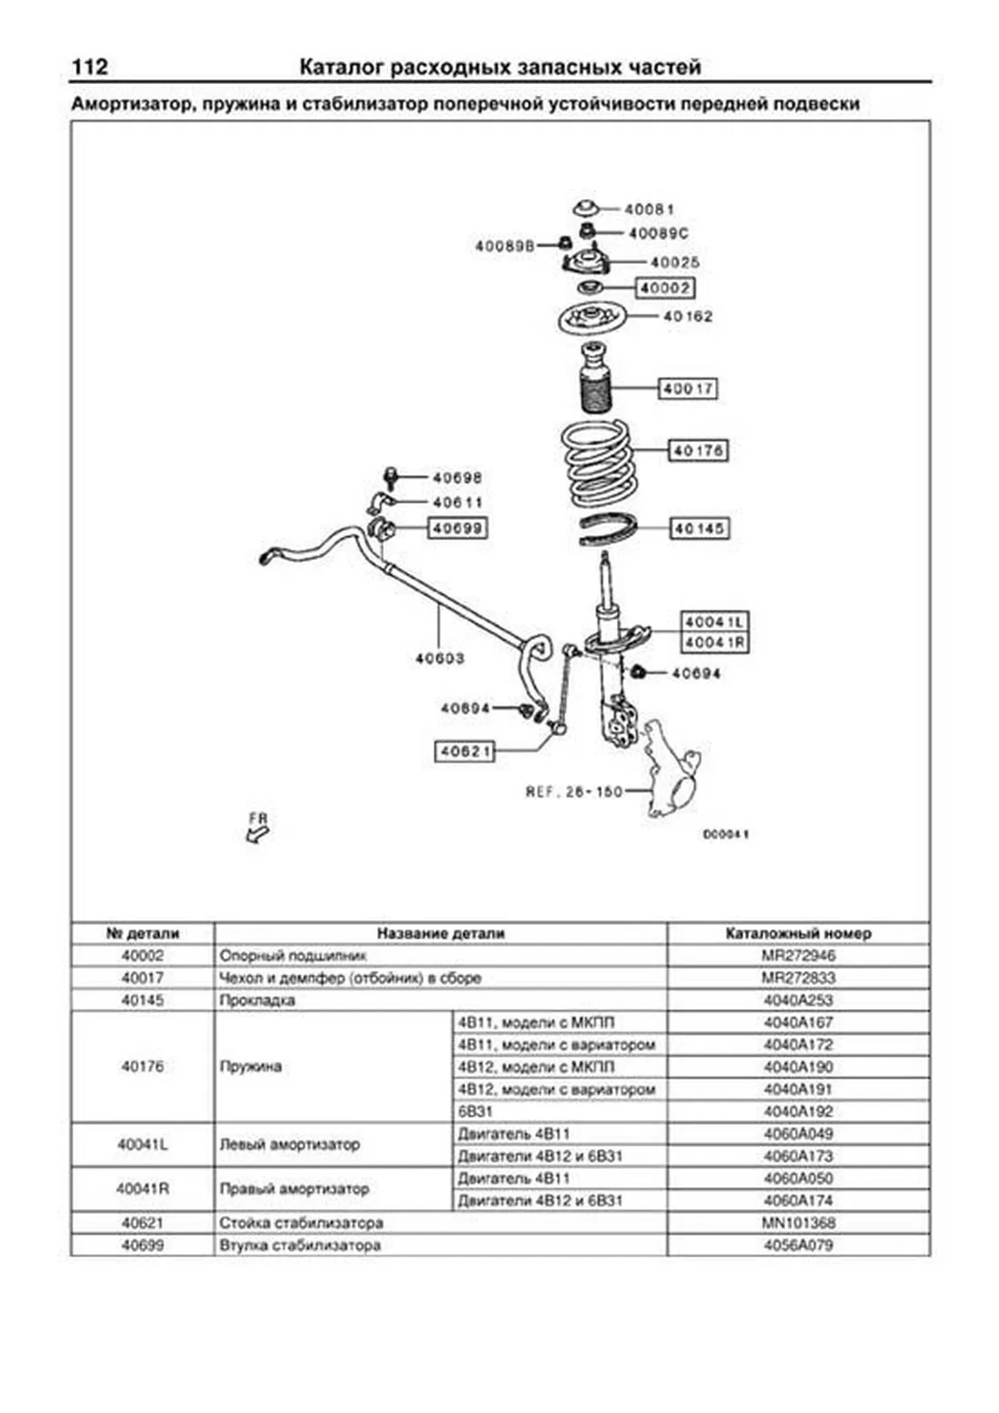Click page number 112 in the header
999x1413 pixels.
[x=90, y=67]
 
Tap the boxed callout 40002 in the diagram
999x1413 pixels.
[x=665, y=288]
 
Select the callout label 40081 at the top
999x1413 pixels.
[x=649, y=209]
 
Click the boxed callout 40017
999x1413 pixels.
[x=688, y=388]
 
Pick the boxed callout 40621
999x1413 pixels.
[x=465, y=751]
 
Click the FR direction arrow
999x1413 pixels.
[x=258, y=829]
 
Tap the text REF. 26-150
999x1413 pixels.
[x=574, y=791]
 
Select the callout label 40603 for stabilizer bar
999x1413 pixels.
[x=440, y=659]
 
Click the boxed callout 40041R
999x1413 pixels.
[x=714, y=643]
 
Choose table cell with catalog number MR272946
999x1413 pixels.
[x=798, y=956]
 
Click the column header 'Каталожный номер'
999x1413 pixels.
[x=798, y=933]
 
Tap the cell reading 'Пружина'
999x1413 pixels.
[x=251, y=1067]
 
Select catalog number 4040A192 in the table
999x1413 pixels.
[x=798, y=1112]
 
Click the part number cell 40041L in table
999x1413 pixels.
[x=142, y=1145]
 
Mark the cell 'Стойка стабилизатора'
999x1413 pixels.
[x=301, y=1223]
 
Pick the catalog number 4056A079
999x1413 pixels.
[x=798, y=1246]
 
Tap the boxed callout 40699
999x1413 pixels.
[x=457, y=528]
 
